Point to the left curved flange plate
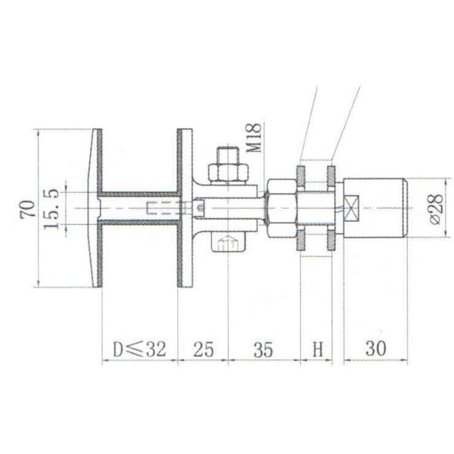[x=96, y=207]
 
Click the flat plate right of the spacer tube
[x=184, y=207]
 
